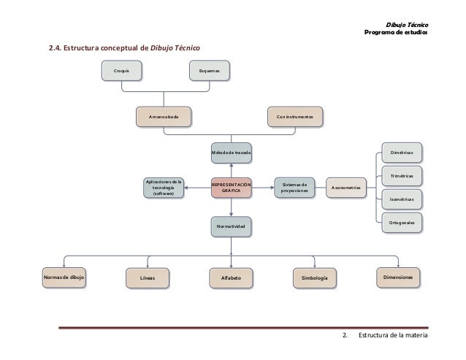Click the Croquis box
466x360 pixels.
(x=121, y=70)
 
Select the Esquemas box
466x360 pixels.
(x=209, y=70)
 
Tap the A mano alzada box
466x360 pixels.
(x=164, y=116)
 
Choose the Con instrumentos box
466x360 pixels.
(x=294, y=116)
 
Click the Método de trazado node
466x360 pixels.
(x=231, y=152)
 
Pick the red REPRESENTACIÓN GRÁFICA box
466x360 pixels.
(x=231, y=188)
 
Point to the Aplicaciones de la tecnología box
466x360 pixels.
(x=164, y=188)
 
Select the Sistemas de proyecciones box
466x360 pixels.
(x=294, y=188)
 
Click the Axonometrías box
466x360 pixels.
(x=346, y=188)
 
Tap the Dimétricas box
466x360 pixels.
(x=402, y=153)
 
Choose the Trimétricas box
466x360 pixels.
(x=402, y=176)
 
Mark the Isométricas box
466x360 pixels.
(x=402, y=198)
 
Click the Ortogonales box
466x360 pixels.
(x=402, y=221)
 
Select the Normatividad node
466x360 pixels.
(x=231, y=227)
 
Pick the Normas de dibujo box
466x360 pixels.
(x=64, y=278)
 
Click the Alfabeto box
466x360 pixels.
(x=231, y=278)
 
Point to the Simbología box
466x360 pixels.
(x=314, y=278)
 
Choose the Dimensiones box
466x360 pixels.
(x=399, y=277)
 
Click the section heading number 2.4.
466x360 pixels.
(x=56, y=49)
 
